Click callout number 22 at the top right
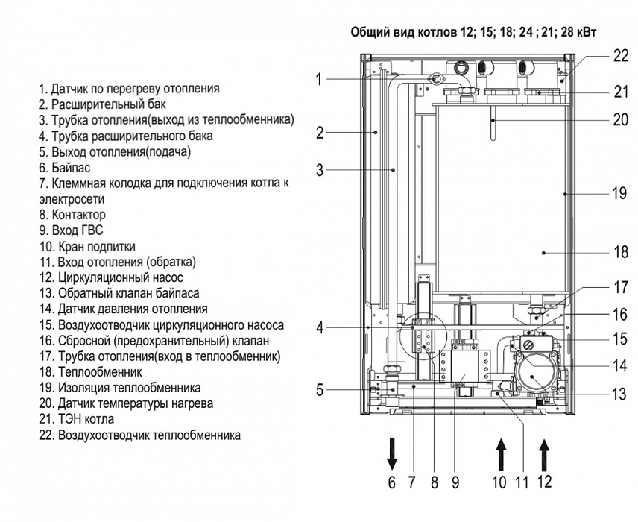[620, 54]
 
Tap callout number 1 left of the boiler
[319, 79]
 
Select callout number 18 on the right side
[620, 252]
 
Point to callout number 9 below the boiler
[455, 482]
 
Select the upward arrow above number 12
[545, 451]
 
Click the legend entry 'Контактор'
[72, 215]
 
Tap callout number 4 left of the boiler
[319, 327]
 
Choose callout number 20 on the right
[620, 119]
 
